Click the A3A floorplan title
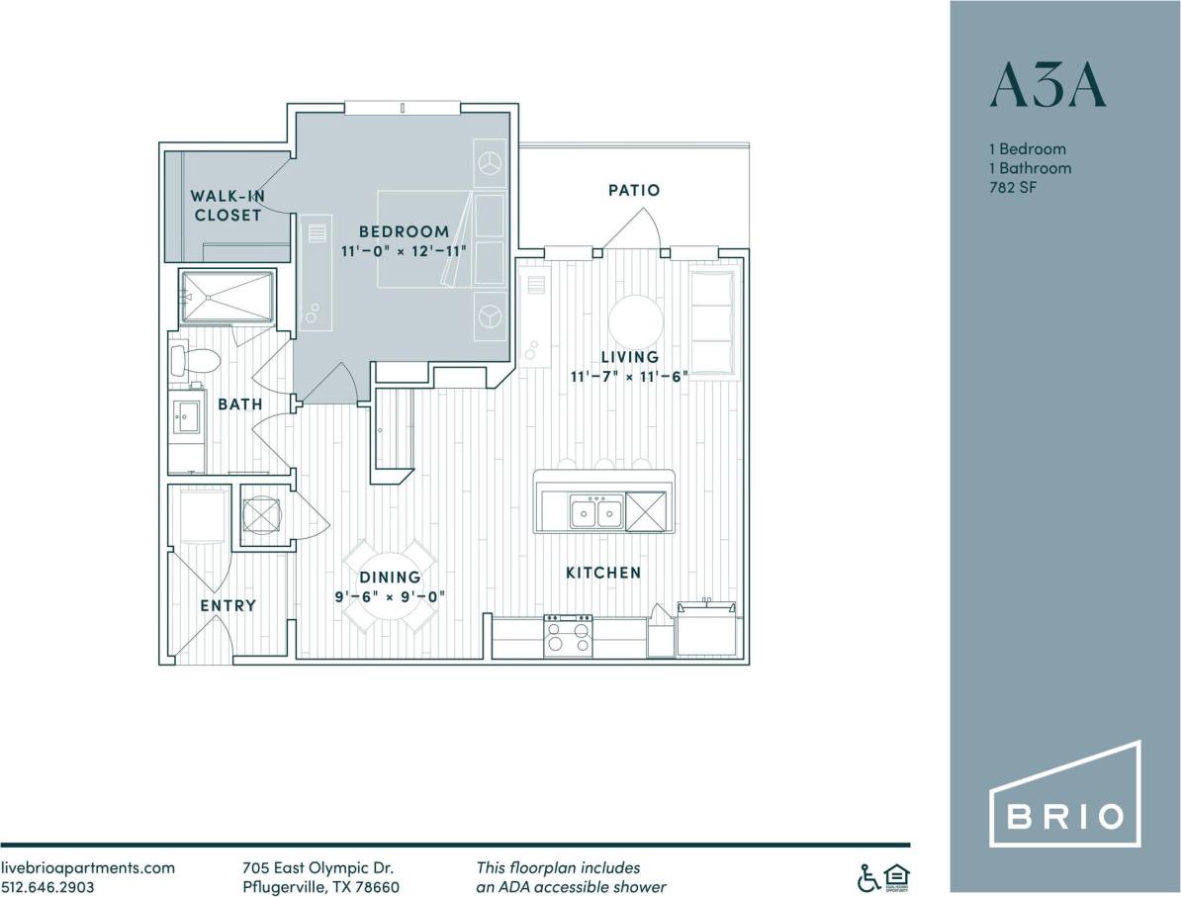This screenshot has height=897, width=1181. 1046,86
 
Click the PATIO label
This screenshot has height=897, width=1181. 634,190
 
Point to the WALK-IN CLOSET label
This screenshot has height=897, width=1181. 227,206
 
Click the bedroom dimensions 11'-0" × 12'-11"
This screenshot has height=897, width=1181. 404,250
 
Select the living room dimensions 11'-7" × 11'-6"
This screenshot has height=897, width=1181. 628,376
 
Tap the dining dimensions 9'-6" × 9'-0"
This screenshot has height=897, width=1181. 390,596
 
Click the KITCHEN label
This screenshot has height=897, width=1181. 603,573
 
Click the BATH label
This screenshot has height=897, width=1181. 240,404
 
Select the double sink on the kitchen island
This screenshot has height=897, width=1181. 595,512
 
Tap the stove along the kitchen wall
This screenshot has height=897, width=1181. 568,636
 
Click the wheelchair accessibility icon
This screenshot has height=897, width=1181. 867,876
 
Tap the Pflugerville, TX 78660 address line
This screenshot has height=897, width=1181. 320,887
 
